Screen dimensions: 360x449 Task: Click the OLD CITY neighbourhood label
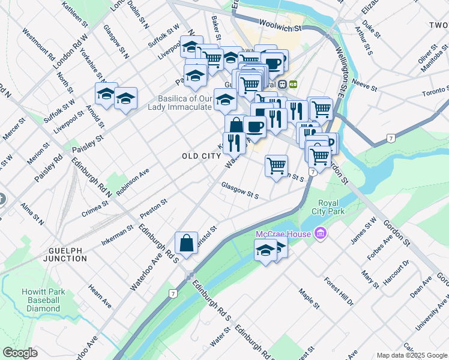pos(202,156)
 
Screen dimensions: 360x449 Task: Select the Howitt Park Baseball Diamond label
pos(43,300)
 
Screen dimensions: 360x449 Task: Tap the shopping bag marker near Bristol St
pos(187,244)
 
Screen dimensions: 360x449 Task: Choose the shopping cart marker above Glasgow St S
pos(276,166)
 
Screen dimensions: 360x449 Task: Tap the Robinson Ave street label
pos(133,181)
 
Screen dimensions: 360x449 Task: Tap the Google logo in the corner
pos(20,353)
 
